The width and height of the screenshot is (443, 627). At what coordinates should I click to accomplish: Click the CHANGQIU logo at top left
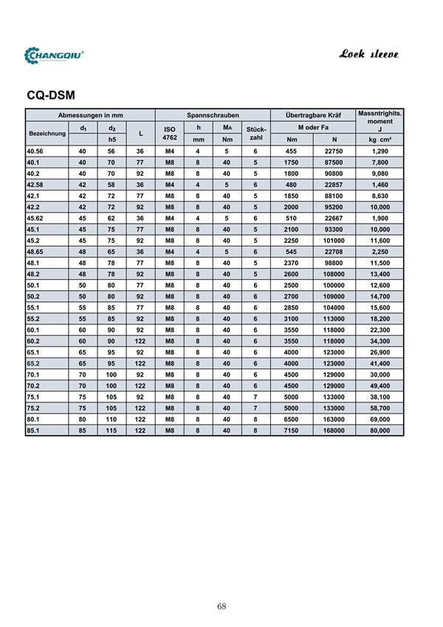pos(55,55)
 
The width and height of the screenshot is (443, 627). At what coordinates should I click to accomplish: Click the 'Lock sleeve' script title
pos(370,54)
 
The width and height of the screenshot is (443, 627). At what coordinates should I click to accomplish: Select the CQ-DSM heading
pos(51,95)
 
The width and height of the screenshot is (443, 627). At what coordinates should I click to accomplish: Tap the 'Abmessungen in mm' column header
pos(90,116)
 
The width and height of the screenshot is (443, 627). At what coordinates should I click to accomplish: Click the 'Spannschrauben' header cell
pos(213,116)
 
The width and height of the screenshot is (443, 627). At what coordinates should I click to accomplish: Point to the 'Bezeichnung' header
pos(47,134)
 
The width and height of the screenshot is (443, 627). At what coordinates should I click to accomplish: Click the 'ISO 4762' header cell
pos(170,134)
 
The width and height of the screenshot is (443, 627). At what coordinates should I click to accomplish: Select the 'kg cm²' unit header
pos(380,140)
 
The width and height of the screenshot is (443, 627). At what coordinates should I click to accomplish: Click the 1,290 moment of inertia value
pos(380,151)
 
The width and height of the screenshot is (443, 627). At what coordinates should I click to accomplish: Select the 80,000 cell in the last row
pos(380,430)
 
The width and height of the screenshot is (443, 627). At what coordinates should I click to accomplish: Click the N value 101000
pos(334,240)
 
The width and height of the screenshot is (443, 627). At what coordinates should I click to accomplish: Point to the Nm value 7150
pos(292,430)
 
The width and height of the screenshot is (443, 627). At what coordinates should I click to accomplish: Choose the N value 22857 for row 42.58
pos(334,184)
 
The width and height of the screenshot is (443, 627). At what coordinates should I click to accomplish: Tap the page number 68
pos(221,606)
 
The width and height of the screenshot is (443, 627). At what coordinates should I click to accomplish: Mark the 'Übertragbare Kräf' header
pos(312,116)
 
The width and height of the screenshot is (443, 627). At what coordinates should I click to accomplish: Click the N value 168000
pos(334,430)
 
